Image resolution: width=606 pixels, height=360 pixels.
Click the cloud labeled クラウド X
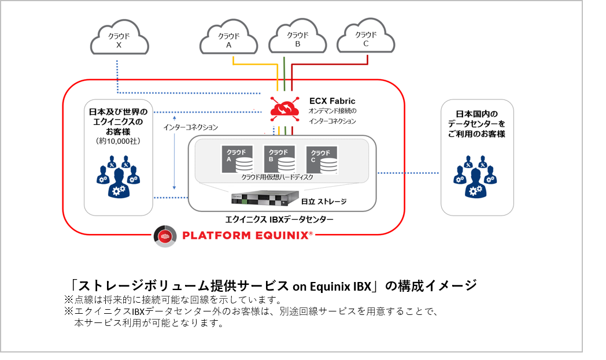point(119,39)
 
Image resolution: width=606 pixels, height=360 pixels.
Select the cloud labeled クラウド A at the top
point(228,39)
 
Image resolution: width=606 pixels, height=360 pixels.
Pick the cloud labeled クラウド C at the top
point(366,38)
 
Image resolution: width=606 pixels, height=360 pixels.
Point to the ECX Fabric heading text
point(332,101)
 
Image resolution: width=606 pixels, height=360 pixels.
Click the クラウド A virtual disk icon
point(238,159)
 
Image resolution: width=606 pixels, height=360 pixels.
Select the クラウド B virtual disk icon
point(279,159)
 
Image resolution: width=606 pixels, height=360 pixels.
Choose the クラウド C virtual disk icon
point(322,159)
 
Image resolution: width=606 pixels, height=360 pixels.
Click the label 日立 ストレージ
point(324,201)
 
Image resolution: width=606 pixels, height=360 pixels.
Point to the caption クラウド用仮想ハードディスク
point(278,177)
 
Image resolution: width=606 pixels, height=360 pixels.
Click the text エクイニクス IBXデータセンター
point(279,220)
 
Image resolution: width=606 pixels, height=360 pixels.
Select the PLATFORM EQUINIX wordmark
point(247,235)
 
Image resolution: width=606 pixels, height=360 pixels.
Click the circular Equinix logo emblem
point(165,236)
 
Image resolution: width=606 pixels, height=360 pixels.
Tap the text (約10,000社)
point(120,142)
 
